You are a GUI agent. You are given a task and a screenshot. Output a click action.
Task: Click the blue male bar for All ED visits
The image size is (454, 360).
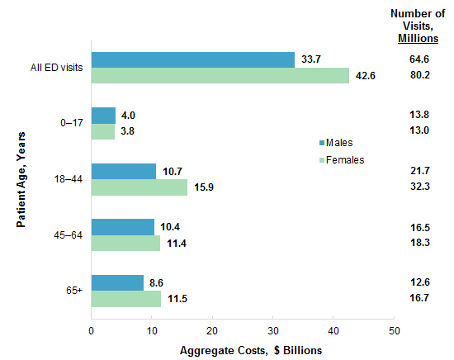coord(192,59)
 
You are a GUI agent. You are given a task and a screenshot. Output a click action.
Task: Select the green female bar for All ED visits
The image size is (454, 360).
coord(220,75)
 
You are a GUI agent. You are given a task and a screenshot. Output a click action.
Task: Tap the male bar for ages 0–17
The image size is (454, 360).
coord(103,116)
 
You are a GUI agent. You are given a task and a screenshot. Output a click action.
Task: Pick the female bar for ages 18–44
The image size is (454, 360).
coord(139,187)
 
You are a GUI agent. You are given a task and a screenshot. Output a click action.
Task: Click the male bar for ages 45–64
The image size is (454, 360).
coord(122,227)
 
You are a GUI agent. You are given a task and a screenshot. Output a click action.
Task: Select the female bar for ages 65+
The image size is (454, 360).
coord(125,298)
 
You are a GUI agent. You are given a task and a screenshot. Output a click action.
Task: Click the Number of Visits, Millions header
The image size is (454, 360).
coord(418,26)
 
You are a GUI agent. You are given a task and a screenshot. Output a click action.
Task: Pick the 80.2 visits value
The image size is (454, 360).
coord(418,76)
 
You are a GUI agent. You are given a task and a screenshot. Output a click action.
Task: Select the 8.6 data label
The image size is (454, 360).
coord(157,282)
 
